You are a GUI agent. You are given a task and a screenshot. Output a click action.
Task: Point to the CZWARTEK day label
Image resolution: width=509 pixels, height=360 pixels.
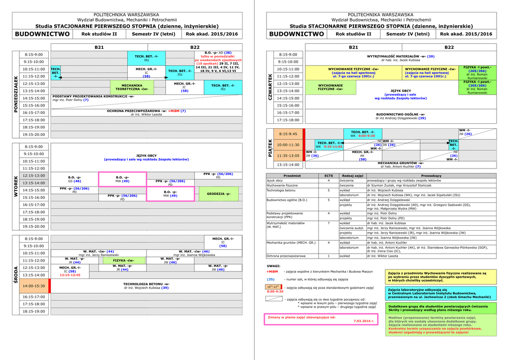[270, 87]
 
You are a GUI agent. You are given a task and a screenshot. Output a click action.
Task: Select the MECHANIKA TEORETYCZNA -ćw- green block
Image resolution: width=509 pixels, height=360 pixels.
[132, 87]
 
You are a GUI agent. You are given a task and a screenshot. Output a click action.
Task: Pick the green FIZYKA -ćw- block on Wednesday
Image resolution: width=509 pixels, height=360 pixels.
[123, 261]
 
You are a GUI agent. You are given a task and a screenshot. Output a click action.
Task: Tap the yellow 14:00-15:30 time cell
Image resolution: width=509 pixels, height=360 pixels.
[34, 286]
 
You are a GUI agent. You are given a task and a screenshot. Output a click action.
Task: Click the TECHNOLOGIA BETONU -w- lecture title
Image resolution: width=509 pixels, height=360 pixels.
[146, 284]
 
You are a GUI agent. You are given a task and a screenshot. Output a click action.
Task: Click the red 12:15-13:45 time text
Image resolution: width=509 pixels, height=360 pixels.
[70, 275]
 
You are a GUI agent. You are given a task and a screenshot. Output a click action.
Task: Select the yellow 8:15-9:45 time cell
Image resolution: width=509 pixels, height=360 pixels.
[288, 134]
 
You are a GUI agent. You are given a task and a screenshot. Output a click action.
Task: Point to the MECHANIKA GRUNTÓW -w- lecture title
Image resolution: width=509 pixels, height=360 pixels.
[400, 163]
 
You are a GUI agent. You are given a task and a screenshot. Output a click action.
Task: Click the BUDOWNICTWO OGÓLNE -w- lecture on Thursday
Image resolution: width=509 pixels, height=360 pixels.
[400, 114]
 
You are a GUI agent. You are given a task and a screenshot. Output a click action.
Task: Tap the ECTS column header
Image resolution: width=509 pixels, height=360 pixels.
[329, 176]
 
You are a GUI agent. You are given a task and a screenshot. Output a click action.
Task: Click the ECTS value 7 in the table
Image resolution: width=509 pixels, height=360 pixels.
[329, 223]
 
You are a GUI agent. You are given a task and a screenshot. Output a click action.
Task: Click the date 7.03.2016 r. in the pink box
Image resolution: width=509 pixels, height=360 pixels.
[363, 321]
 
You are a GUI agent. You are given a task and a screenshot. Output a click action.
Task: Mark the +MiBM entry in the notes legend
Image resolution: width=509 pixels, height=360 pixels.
[272, 272]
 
